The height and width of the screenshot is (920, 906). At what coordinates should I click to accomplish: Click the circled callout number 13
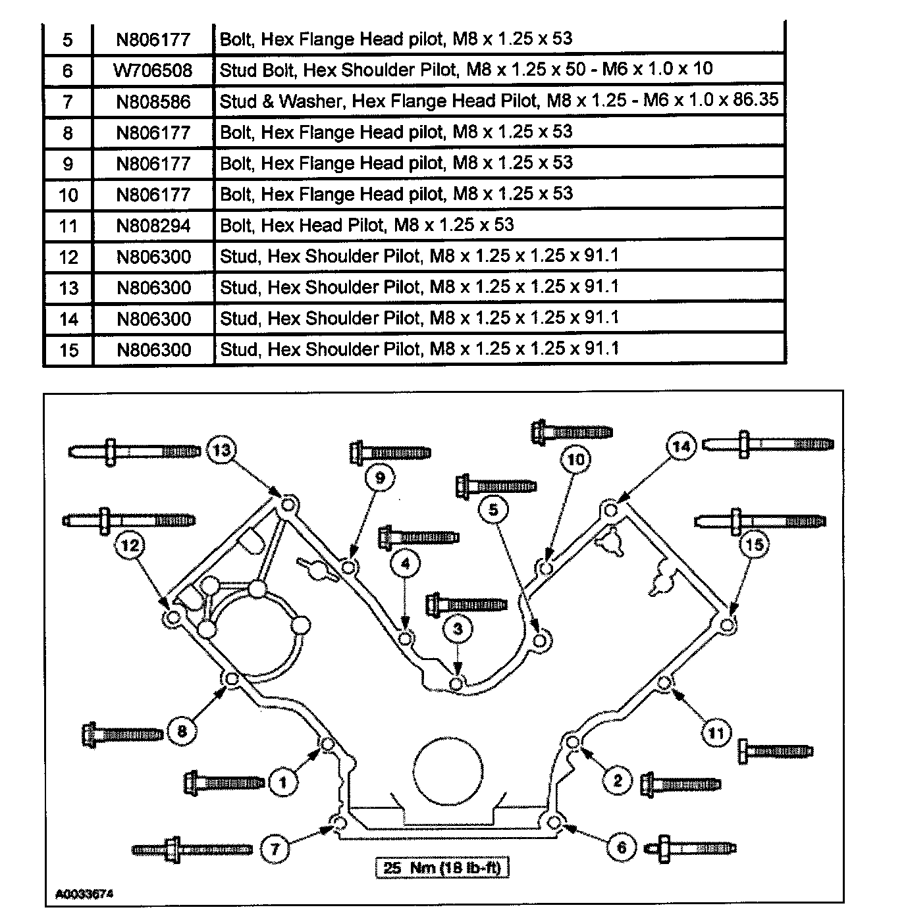click(223, 450)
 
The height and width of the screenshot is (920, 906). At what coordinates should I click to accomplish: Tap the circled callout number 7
click(275, 849)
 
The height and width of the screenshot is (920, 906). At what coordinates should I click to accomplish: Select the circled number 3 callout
click(458, 629)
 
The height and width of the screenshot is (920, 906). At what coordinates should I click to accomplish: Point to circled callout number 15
click(755, 544)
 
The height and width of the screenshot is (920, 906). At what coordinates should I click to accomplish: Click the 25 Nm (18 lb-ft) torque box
click(442, 868)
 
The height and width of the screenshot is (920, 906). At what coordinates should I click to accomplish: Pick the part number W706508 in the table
click(153, 70)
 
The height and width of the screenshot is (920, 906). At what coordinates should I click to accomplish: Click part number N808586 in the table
click(153, 102)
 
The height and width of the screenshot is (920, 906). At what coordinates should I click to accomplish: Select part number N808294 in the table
click(153, 226)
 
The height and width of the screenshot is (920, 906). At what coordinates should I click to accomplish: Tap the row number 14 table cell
click(68, 319)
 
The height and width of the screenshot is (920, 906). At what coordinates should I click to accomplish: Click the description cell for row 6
click(466, 70)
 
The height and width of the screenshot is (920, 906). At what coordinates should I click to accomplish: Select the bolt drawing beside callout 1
click(225, 782)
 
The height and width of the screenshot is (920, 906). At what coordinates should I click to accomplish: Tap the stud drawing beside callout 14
click(768, 444)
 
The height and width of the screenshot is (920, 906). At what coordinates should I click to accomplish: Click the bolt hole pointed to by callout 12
click(173, 618)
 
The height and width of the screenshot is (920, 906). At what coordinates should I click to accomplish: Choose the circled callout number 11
click(716, 732)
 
